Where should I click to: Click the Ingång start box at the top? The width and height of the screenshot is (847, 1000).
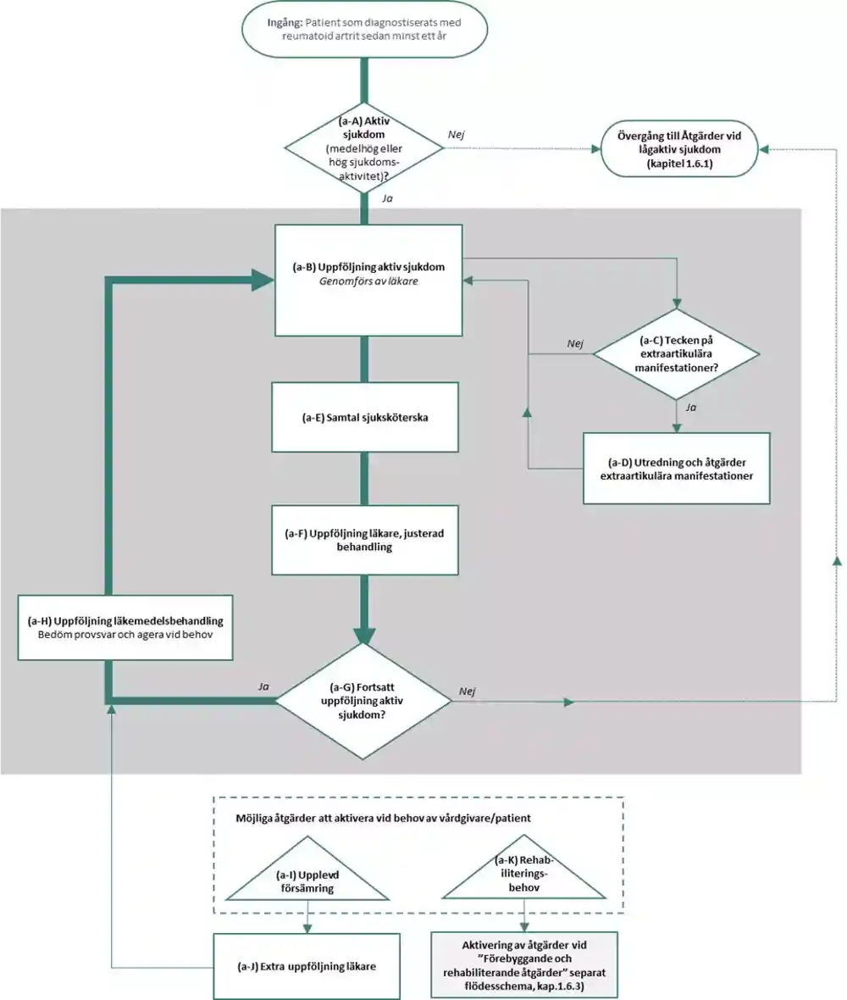click(364, 30)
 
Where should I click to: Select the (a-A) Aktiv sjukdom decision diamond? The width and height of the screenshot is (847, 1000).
click(364, 148)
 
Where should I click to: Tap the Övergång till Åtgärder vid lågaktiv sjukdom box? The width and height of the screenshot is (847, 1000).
click(678, 149)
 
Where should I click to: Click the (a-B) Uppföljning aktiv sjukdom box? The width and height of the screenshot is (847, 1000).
click(368, 280)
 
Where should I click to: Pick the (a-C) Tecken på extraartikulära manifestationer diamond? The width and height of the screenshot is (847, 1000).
click(676, 354)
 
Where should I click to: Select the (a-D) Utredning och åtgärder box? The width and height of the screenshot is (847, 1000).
click(676, 469)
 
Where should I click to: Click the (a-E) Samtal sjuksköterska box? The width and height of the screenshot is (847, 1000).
click(364, 417)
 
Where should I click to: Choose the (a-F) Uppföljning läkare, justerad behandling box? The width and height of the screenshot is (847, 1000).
click(364, 540)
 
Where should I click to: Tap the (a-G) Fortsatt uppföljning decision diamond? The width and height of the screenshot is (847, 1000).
click(363, 701)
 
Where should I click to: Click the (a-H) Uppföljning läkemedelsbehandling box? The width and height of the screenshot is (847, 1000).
click(125, 628)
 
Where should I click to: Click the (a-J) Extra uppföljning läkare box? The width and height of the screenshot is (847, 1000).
click(307, 966)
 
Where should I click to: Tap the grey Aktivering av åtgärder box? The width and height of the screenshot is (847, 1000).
click(524, 965)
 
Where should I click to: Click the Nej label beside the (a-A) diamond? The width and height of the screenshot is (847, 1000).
click(456, 135)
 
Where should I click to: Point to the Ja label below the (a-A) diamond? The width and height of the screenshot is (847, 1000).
click(387, 198)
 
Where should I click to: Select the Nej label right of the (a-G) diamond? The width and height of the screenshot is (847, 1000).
click(468, 692)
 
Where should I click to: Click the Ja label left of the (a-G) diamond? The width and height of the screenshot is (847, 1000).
click(263, 686)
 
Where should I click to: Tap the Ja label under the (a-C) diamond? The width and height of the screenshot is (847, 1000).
click(691, 407)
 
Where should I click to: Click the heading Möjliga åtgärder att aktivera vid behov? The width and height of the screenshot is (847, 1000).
click(383, 818)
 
